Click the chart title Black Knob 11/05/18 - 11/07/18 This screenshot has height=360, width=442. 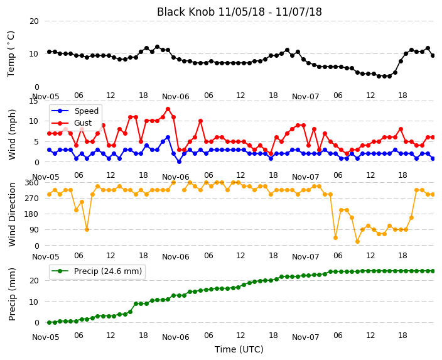click(x=239, y=12)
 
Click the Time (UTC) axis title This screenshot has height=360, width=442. click(x=239, y=349)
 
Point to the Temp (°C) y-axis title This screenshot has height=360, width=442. click(x=11, y=54)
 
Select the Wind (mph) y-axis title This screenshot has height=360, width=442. click(x=12, y=134)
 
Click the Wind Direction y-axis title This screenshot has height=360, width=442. click(x=12, y=214)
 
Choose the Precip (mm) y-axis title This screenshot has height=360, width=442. click(x=12, y=295)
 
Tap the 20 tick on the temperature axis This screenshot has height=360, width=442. click(x=34, y=21)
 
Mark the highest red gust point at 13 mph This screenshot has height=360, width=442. click(x=168, y=109)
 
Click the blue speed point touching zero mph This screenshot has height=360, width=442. click(x=179, y=161)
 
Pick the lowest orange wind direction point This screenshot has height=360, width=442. click(x=357, y=241)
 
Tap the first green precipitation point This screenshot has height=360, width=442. click(x=50, y=322)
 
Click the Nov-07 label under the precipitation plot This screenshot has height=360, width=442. click(x=305, y=337)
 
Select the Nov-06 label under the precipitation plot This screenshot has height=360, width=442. click(x=175, y=337)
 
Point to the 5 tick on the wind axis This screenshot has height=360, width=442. click(x=36, y=141)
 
